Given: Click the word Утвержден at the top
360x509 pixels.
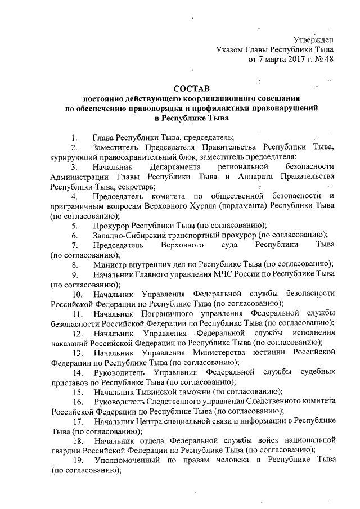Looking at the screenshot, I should [314, 39].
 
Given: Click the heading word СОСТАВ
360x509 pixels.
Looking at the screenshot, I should [191, 89].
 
